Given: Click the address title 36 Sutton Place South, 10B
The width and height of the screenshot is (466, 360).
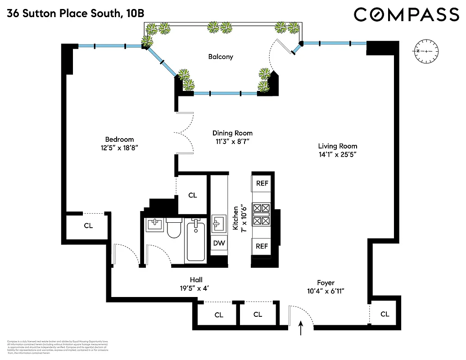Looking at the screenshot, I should tap(76, 14).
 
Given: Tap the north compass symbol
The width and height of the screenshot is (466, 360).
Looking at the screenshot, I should tap(425, 51).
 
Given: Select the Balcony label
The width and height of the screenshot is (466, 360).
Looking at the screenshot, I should tap(221, 57).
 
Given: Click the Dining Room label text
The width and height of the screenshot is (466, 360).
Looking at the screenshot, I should tap(232, 133).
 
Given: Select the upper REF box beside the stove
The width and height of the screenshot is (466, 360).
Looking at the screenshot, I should tap(262, 183).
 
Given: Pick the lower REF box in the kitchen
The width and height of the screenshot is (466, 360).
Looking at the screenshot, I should tap(262, 246).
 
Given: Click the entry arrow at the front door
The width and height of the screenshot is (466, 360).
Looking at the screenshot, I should tap(301, 329).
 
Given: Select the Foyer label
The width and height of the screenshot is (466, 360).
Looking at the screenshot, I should tap(326, 283).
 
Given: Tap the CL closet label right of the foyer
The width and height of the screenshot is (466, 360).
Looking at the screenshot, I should tap(385, 314).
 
